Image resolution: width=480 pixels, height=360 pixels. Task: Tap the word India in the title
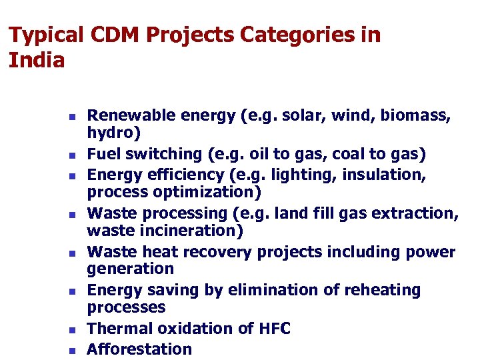pos(37,61)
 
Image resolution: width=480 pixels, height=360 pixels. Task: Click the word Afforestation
pos(139,349)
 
